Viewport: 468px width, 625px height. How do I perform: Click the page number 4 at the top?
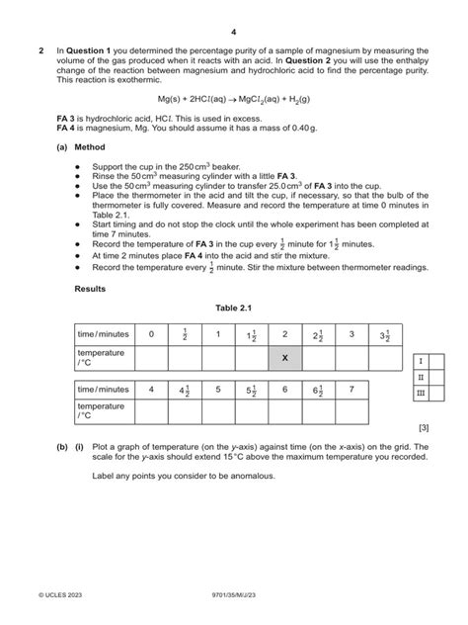pyautogui.click(x=234, y=33)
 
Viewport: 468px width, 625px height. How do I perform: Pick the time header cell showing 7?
pyautogui.click(x=351, y=390)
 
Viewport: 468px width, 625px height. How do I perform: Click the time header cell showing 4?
pyautogui.click(x=151, y=390)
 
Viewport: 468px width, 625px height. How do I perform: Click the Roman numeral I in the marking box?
pyautogui.click(x=421, y=361)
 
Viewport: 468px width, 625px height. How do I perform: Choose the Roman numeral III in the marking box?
pyautogui.click(x=421, y=393)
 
